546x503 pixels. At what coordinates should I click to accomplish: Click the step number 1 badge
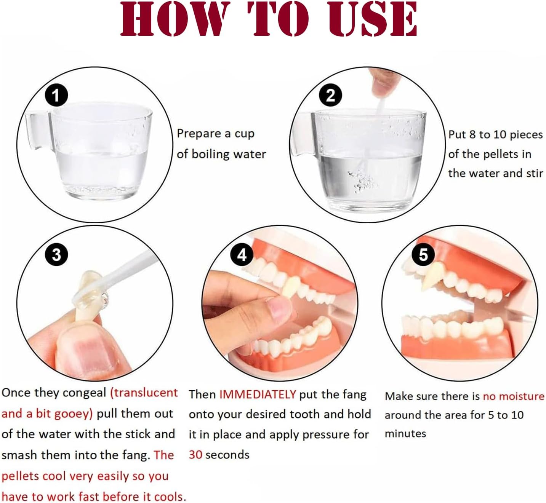pos(56,95)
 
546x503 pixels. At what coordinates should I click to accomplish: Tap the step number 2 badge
pos(330,95)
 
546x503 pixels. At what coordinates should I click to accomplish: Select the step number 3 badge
pos(56,254)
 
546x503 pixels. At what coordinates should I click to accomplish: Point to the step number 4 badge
pos(242,254)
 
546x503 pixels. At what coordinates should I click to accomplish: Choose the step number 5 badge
pos(423,254)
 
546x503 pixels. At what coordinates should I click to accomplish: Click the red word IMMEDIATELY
pos(257,394)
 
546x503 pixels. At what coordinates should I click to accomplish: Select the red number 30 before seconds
pos(195,455)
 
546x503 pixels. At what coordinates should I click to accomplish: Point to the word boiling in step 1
pos(210,154)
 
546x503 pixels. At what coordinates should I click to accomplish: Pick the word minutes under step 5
pos(405,434)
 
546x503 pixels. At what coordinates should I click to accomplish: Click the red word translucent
pos(144,393)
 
